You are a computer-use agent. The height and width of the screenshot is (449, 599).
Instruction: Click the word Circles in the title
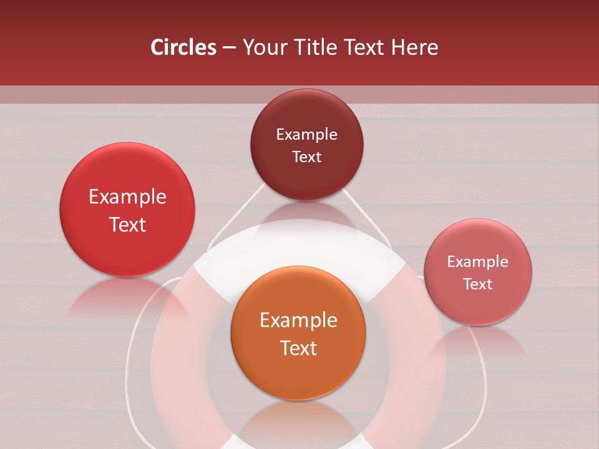pos(183,47)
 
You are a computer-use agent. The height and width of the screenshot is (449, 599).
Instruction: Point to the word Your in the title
pos(262,47)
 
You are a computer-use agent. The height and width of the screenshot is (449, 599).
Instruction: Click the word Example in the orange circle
pos(298,321)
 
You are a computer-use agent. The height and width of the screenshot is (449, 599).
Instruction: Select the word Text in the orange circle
pos(298,348)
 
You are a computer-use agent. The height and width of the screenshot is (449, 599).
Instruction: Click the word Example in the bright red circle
pos(127,197)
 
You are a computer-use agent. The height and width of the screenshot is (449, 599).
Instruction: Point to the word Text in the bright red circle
pos(127,224)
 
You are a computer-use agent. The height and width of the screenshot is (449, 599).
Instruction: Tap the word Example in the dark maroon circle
pos(306,135)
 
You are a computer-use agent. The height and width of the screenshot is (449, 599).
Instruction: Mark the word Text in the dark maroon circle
pos(306,157)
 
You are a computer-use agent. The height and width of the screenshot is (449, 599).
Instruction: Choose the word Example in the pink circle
pos(478,262)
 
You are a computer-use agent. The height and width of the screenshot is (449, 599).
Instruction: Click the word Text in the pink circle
pos(478,284)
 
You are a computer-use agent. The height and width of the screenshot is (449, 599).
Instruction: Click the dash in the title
pos(229,47)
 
